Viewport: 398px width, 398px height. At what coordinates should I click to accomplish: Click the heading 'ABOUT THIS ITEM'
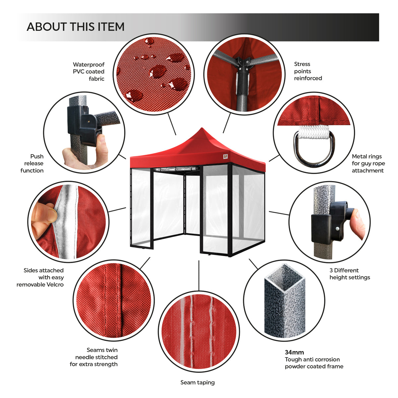[76, 27]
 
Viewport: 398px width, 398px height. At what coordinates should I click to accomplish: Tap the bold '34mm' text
[294, 352]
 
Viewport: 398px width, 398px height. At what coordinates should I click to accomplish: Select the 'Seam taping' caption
[197, 382]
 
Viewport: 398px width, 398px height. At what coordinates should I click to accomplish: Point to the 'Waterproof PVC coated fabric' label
[89, 72]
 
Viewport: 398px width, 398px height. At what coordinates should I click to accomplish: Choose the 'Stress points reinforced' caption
[308, 71]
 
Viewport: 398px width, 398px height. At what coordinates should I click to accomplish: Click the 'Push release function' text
[33, 163]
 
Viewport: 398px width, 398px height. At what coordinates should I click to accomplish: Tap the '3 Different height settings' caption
[350, 274]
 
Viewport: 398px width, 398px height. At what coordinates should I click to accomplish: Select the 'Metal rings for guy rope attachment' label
[368, 163]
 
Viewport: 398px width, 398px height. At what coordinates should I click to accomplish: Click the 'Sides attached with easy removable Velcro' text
[40, 277]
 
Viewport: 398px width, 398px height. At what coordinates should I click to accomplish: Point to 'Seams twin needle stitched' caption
[94, 357]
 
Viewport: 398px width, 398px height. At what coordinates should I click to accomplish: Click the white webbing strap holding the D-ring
[313, 132]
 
